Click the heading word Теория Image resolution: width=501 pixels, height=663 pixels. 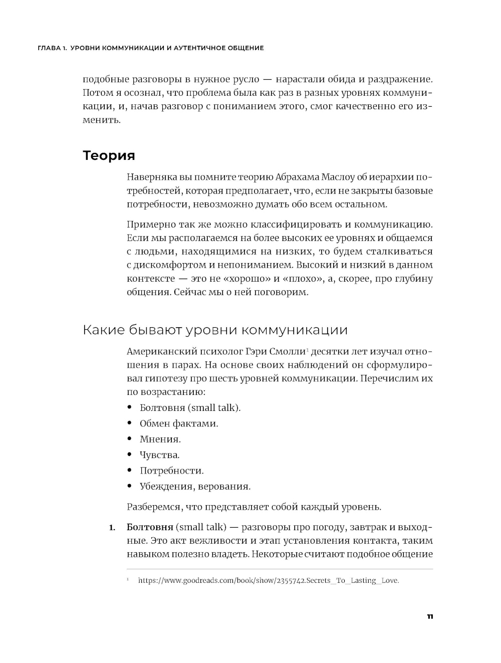point(109,155)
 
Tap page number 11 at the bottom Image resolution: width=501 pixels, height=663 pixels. point(429,616)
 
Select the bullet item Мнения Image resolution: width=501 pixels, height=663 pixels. point(160,439)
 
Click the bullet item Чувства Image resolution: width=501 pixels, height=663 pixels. point(159,455)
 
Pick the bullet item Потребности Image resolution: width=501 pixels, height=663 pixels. point(171,471)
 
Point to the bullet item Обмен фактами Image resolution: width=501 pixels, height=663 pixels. point(179,423)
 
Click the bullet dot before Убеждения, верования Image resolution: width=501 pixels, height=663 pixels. point(130,486)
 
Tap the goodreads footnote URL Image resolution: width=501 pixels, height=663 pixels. point(269,581)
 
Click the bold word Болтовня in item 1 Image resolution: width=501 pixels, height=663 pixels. point(150,527)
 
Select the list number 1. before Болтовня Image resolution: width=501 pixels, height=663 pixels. point(112,527)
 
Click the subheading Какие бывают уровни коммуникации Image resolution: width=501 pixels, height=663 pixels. point(215,330)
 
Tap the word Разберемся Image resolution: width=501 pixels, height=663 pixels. point(155,507)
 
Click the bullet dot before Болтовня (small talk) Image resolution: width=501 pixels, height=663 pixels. point(130,407)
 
